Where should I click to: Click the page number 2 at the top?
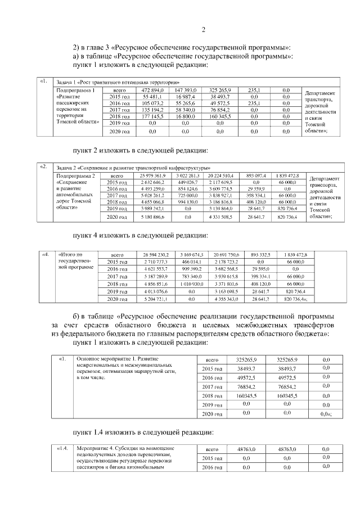(204, 29)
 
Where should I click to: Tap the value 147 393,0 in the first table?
(186, 90)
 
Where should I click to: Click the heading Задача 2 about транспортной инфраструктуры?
(133, 168)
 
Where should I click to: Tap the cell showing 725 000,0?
(186, 195)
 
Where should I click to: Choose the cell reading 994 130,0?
(186, 201)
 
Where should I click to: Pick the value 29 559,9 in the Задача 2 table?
(260, 189)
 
